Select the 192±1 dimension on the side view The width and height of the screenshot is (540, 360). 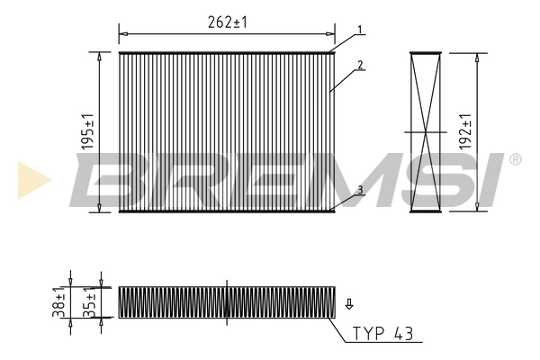(464, 131)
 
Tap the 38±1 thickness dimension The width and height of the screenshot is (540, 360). (59, 302)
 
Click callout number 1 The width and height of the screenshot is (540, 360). (359, 30)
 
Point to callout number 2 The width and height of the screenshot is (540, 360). (359, 65)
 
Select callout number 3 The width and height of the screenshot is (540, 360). (359, 189)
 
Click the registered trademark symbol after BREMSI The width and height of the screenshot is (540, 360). (515, 159)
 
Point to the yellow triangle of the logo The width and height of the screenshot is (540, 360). (33, 178)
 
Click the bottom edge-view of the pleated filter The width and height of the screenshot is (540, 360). (227, 302)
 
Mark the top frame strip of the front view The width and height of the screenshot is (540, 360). (227, 52)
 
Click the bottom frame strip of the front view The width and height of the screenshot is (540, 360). (227, 211)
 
